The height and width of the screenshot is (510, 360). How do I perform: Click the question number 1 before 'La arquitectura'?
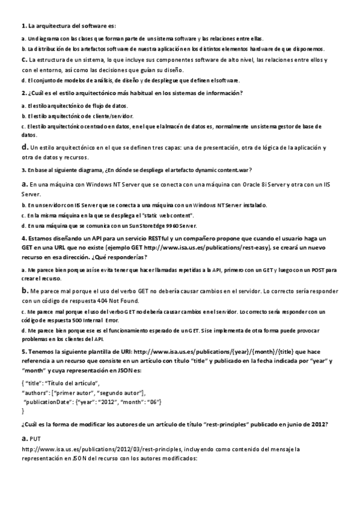[23, 26]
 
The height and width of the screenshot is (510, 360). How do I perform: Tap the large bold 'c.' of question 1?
[24, 59]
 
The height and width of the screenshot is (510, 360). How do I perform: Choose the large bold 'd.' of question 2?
[25, 147]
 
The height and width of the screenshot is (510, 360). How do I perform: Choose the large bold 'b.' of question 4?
[25, 290]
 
